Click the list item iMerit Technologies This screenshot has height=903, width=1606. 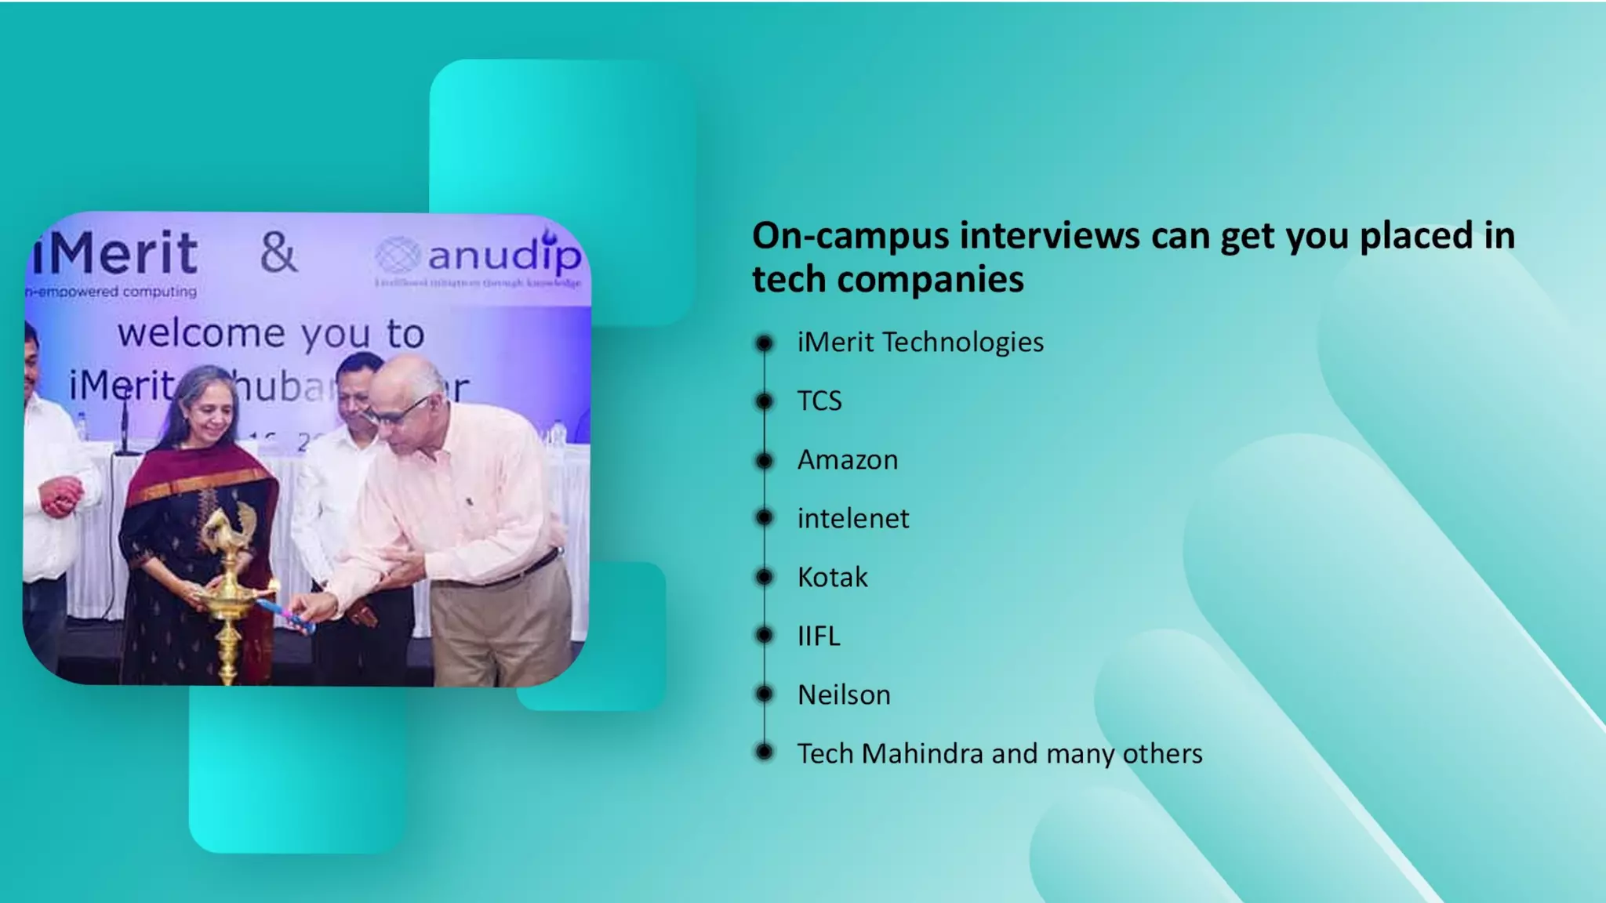(920, 343)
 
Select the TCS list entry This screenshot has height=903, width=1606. (819, 401)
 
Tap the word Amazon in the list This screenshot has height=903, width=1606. (848, 460)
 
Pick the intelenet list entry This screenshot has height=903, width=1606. (853, 519)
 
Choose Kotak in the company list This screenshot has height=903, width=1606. (832, 578)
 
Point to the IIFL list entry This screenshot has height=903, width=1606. (819, 636)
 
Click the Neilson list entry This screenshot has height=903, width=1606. (844, 695)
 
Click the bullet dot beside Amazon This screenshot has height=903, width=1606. (764, 460)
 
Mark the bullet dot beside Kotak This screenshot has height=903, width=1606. (764, 578)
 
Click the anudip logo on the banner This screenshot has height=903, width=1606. (479, 256)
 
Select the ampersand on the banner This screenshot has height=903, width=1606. (279, 252)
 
